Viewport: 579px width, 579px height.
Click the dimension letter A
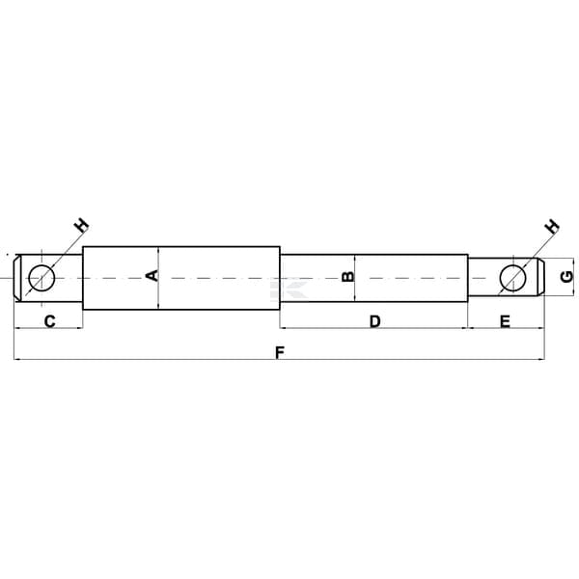point(152,275)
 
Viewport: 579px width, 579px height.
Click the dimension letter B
point(347,276)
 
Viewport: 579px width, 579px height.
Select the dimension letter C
point(50,321)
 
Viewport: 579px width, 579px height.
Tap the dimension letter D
point(374,321)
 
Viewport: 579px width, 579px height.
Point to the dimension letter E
point(505,321)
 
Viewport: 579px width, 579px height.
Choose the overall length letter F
point(280,352)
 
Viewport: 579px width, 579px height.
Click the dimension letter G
point(566,277)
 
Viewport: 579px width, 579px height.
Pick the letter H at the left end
point(82,225)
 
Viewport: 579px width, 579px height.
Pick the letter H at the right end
point(552,226)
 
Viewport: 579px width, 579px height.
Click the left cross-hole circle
point(41,264)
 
